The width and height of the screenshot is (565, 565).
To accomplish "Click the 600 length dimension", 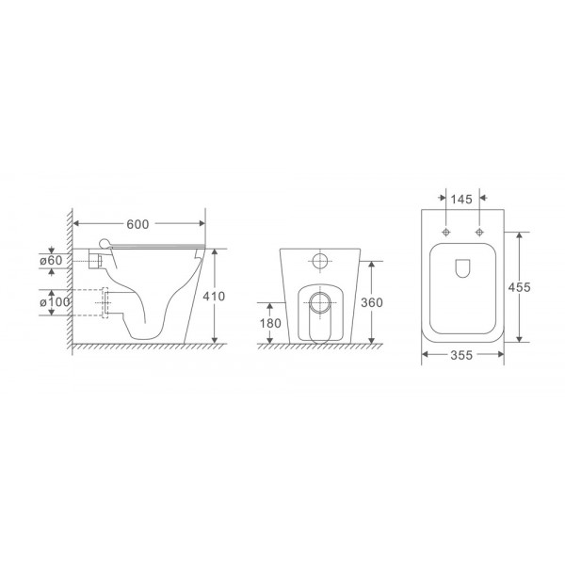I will tap(138, 223).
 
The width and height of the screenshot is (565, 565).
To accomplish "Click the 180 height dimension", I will tap(270, 324).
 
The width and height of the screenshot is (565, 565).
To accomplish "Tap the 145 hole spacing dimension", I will tap(460, 201).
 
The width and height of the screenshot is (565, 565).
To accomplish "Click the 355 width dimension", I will tap(461, 355).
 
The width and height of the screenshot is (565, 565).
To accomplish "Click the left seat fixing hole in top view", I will tap(444, 232).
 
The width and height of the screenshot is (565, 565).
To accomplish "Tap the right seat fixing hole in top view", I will tap(479, 232).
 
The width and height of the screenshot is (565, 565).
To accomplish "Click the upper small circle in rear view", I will tap(321, 262).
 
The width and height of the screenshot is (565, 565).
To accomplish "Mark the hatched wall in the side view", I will tap(68, 282).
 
